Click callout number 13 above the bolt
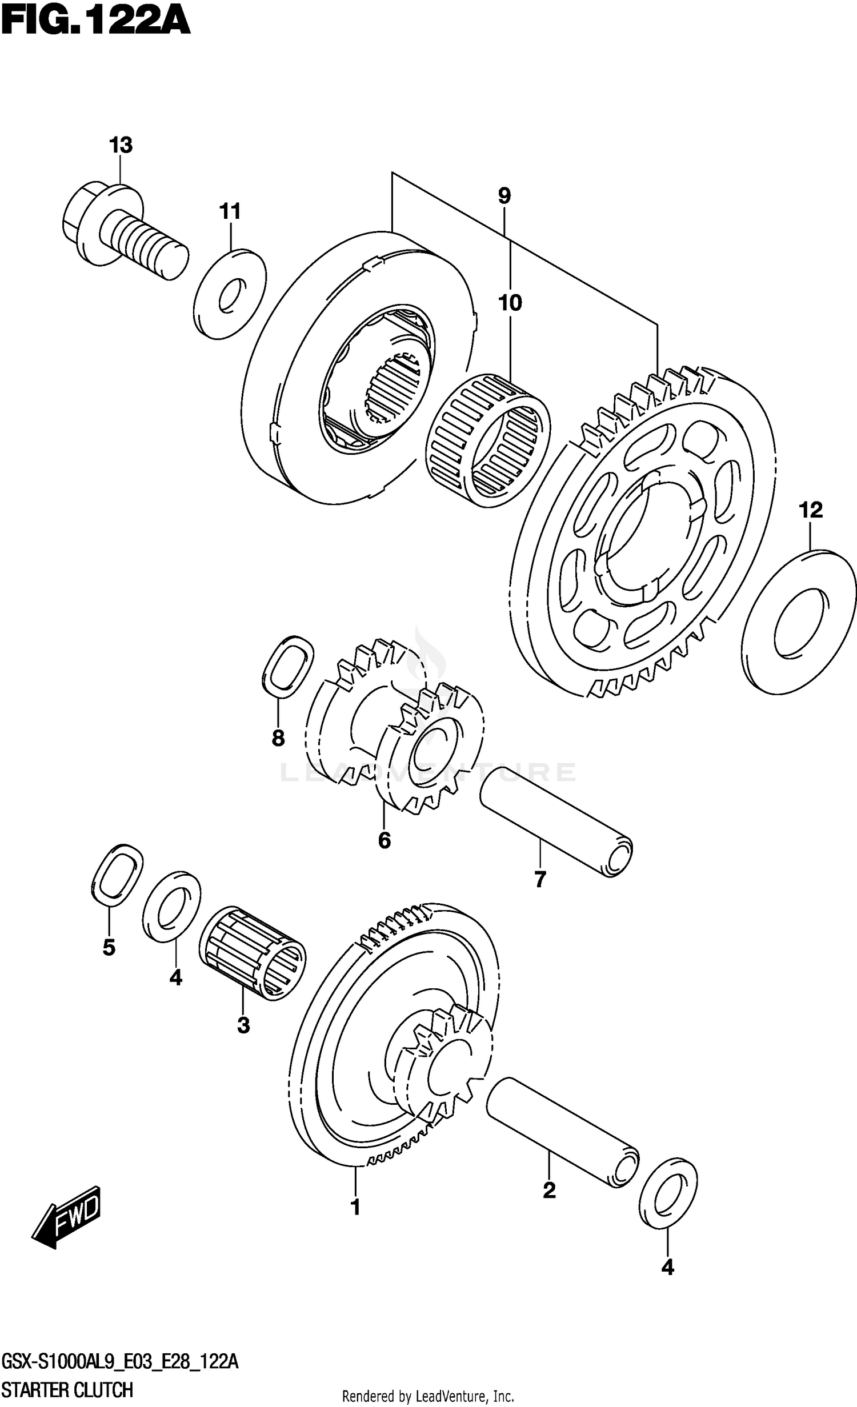121,146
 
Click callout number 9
504,197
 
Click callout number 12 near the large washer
811,510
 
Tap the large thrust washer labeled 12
800,623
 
